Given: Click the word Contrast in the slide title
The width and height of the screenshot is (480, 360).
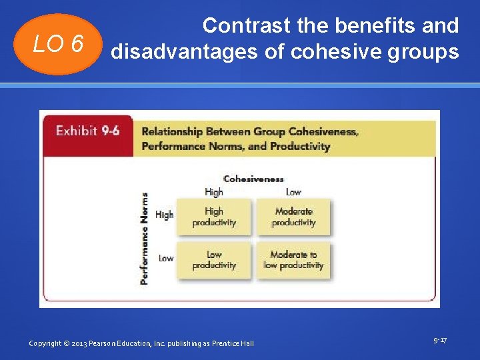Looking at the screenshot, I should pyautogui.click(x=247, y=26).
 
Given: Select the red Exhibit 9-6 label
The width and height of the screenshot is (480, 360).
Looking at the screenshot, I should pyautogui.click(x=87, y=131).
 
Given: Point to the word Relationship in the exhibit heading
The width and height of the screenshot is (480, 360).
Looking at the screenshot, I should pyautogui.click(x=172, y=132).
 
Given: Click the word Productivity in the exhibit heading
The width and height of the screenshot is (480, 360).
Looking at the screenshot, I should pyautogui.click(x=301, y=146).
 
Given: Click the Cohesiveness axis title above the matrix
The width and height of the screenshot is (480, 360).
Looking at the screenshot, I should pyautogui.click(x=253, y=179).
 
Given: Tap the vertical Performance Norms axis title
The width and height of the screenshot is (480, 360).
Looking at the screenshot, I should pyautogui.click(x=145, y=238).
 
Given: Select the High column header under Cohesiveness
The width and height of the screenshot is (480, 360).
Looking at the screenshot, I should pyautogui.click(x=214, y=192).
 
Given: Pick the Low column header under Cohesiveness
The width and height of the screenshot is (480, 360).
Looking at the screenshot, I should pyautogui.click(x=293, y=192).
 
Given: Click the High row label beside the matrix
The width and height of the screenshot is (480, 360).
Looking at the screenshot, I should pyautogui.click(x=164, y=215).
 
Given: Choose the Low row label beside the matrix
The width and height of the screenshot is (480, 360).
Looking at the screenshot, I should pyautogui.click(x=166, y=258).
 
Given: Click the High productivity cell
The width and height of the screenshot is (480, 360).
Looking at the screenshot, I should pyautogui.click(x=214, y=217).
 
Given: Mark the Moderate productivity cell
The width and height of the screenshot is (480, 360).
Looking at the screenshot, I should pyautogui.click(x=293, y=217).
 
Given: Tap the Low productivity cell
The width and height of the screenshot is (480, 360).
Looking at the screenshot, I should pyautogui.click(x=214, y=260).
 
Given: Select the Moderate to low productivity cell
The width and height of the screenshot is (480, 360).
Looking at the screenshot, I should pyautogui.click(x=293, y=260).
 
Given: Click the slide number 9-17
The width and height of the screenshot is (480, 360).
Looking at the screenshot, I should pyautogui.click(x=440, y=341).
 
